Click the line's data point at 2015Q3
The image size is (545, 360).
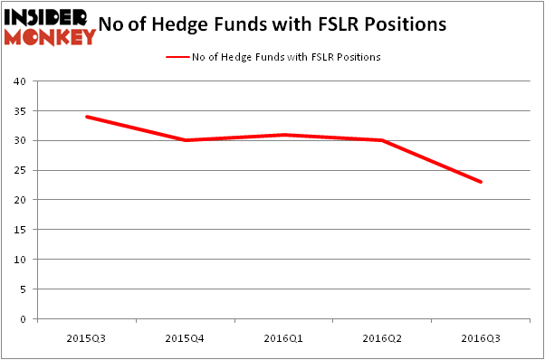click(87, 117)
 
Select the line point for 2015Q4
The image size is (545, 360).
click(186, 140)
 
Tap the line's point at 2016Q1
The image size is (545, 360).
click(284, 135)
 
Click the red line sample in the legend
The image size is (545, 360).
click(177, 57)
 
